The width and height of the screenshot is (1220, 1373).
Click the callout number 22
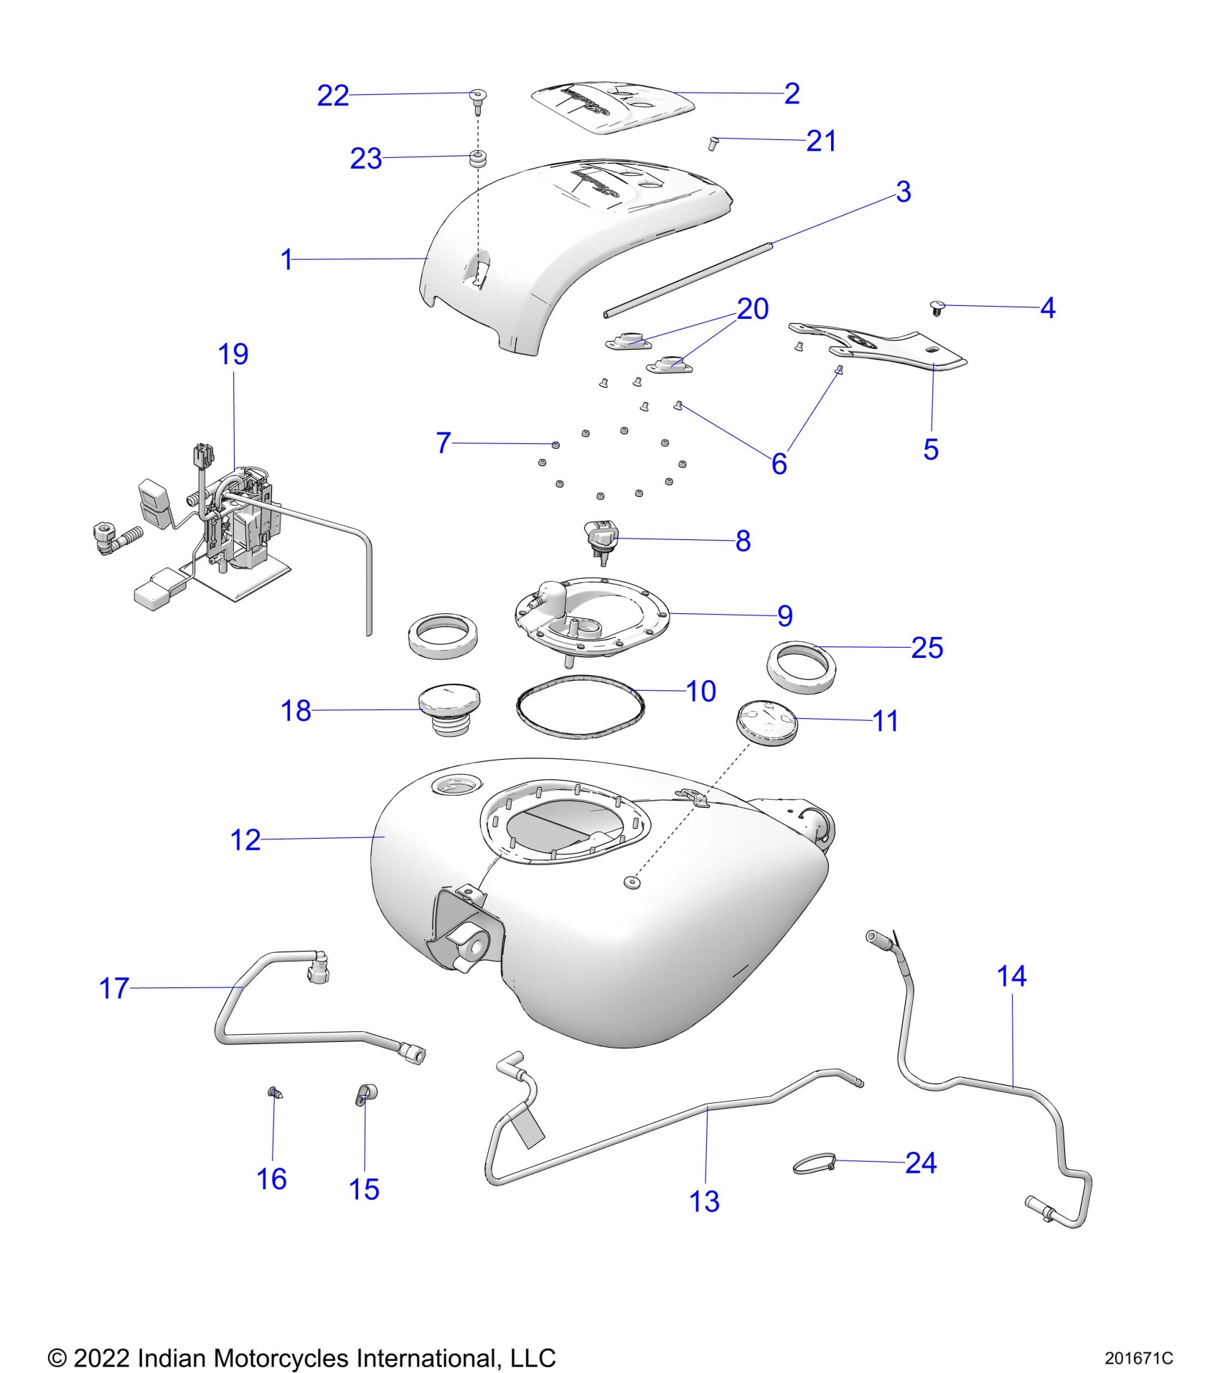tap(333, 96)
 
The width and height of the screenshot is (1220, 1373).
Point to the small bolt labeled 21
tap(713, 143)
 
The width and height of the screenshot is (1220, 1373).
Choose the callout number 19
tap(233, 354)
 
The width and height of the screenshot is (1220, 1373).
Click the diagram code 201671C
tap(1138, 1359)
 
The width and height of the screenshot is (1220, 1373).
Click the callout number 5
tap(931, 450)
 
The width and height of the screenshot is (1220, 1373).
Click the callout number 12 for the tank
tap(245, 839)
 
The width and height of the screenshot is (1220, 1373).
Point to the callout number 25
tap(926, 648)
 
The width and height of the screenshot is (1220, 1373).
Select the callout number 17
tap(114, 989)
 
